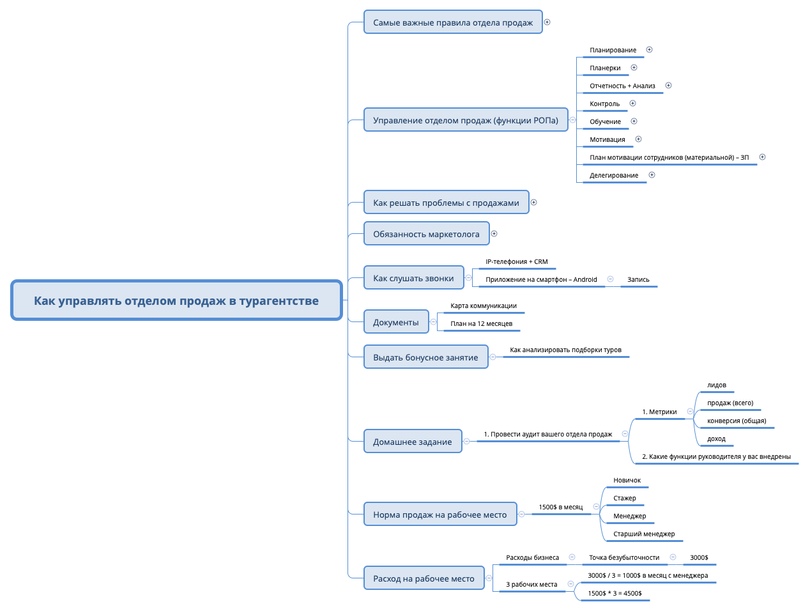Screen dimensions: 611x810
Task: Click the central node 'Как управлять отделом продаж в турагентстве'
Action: coord(176,300)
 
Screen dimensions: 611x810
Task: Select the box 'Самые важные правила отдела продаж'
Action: coord(452,22)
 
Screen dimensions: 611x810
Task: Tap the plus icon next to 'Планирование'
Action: coord(649,50)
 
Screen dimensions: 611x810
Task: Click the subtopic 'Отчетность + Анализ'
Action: coord(622,86)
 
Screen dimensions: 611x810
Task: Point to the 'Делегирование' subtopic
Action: coord(613,175)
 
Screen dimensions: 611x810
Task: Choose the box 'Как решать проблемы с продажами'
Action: coord(446,203)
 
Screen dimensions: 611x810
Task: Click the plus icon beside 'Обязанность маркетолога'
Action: coord(494,234)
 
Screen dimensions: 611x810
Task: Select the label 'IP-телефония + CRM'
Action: coord(516,261)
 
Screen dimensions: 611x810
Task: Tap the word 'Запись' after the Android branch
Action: coord(638,279)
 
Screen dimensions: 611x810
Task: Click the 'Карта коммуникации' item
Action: coord(483,305)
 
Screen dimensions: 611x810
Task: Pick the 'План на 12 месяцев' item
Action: coord(481,323)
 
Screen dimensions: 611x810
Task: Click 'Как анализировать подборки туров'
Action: coord(565,350)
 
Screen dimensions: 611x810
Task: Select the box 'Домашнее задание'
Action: coord(412,442)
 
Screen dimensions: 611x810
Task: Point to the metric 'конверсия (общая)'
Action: coord(737,421)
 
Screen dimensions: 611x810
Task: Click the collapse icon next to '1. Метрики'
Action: coord(690,412)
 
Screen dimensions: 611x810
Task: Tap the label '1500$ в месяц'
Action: coord(560,507)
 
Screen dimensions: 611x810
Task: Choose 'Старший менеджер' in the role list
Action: coord(644,534)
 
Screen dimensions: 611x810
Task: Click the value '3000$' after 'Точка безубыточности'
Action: coord(699,557)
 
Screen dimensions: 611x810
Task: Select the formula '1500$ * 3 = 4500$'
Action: coord(615,593)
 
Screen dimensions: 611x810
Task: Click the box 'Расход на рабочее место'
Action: coord(424,578)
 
